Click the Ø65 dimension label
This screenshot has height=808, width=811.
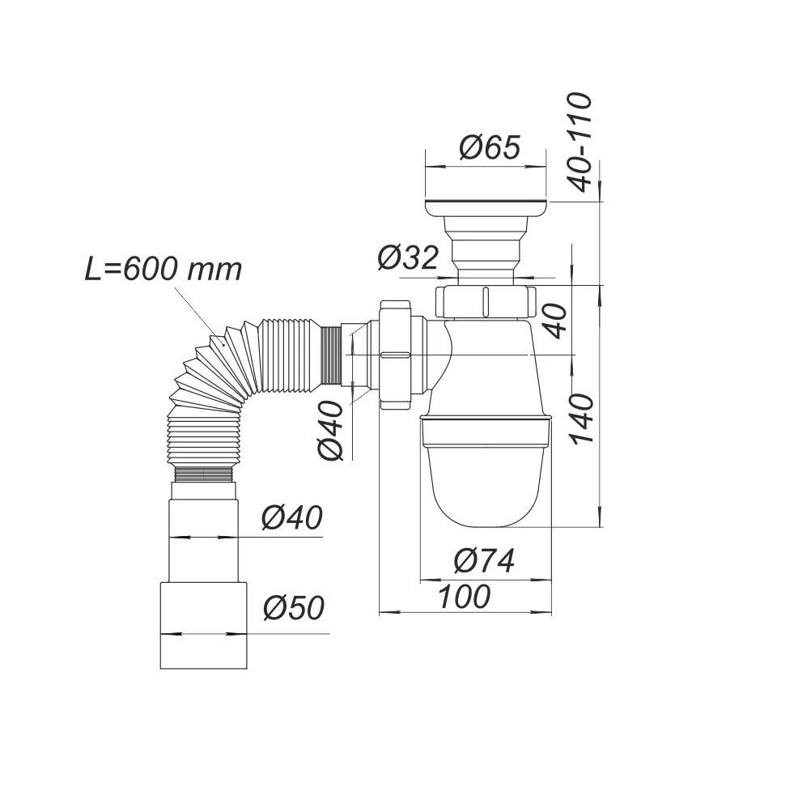click(489, 148)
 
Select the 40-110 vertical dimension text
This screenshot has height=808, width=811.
click(580, 142)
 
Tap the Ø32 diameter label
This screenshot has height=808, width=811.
click(407, 257)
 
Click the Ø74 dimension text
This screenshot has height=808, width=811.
click(484, 560)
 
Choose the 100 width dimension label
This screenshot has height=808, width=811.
click(464, 597)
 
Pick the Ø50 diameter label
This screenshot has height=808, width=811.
click(292, 607)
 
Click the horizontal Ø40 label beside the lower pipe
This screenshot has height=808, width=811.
click(291, 517)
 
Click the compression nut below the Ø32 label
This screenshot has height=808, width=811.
click(486, 301)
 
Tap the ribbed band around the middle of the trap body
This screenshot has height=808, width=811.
click(486, 429)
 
